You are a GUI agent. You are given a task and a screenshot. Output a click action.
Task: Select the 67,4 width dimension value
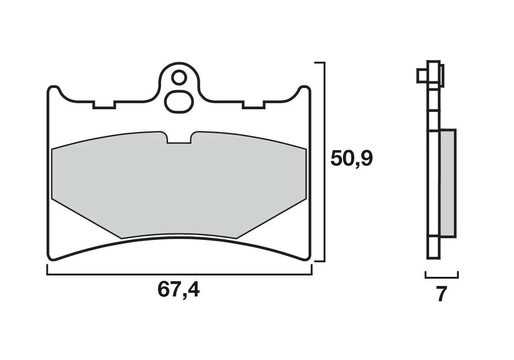178,290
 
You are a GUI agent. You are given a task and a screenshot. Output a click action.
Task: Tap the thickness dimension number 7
441,295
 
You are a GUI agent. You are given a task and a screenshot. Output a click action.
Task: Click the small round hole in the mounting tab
178,78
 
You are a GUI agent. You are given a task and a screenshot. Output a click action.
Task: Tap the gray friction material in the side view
448,183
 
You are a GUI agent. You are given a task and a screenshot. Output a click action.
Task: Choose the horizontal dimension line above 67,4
179,275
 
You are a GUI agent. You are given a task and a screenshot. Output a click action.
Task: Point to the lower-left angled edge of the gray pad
85,219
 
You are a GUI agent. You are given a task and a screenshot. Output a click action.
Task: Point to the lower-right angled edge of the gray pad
272,219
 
